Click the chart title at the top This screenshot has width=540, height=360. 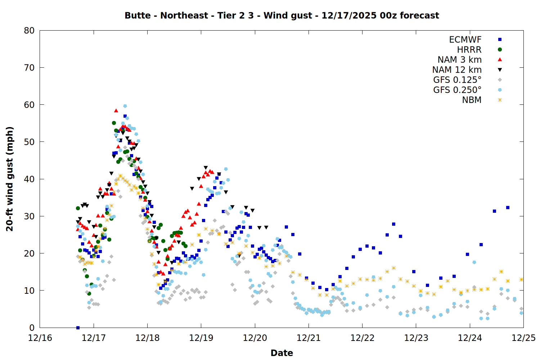pos(282,15)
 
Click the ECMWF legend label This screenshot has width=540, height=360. pos(465,40)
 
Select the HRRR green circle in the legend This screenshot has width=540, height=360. pos(500,50)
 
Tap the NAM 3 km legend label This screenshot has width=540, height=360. pos(459,60)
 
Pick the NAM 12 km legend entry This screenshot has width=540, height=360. pos(457,70)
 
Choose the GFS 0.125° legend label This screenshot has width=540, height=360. pos(457,80)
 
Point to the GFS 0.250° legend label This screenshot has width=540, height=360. pos(457,90)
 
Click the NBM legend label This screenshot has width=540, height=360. pos(472,100)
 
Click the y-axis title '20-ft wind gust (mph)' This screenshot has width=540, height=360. pos(10,179)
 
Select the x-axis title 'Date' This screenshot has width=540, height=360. pos(282,353)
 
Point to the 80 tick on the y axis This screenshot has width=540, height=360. pos(29,31)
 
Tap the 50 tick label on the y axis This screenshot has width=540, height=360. pos(29,142)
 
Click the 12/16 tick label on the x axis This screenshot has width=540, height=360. pos(40,338)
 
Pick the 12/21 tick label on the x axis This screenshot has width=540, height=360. pos(309,338)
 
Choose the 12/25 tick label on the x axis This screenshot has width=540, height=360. pos(523,338)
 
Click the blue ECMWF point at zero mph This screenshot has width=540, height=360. pos(78,328)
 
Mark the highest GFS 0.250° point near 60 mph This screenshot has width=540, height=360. pos(125,106)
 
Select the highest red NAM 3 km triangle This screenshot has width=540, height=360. pos(116,111)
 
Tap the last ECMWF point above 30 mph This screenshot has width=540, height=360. pos(508,207)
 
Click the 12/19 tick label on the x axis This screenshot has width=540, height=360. pos(201,338)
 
